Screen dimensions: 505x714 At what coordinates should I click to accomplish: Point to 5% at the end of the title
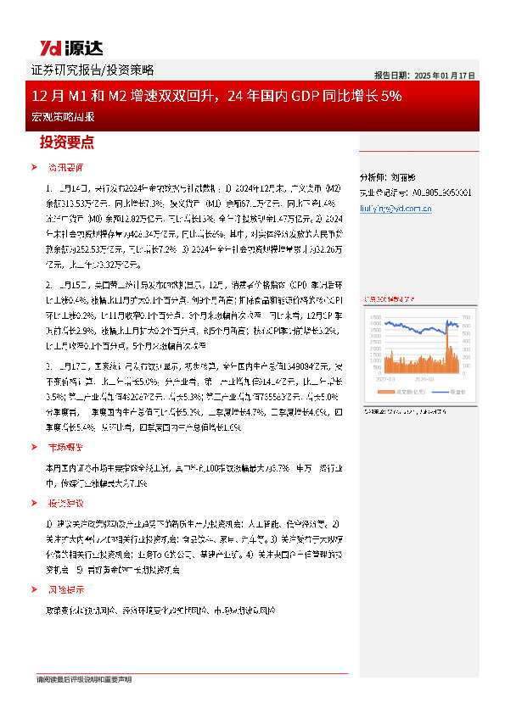click(391, 96)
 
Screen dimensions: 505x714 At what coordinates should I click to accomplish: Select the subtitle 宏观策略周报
click(59, 116)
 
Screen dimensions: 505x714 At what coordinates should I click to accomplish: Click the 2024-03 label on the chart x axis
click(424, 380)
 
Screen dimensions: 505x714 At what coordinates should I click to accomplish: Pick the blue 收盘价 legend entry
click(445, 392)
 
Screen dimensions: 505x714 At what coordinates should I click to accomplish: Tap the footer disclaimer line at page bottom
click(84, 679)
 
